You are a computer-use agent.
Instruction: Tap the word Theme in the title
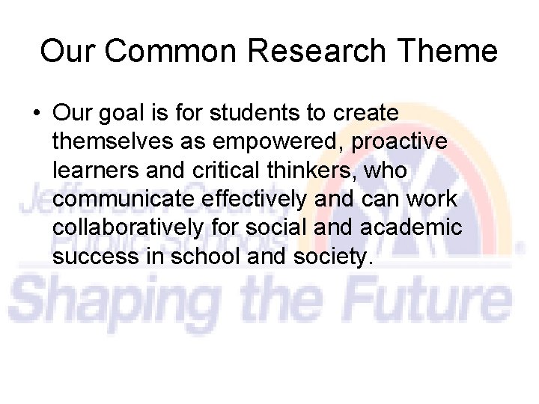click(451, 52)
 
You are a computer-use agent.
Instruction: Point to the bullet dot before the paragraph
click(36, 114)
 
